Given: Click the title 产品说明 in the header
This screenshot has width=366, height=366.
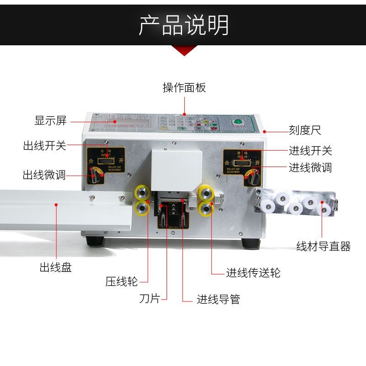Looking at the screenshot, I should point(183,25).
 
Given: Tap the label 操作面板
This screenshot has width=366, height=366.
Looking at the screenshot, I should point(184,87).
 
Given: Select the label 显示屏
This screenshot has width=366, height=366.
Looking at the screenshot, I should point(51,121).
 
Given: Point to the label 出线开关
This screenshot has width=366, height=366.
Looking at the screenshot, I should point(44,146).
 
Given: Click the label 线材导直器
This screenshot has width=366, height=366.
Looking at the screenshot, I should point(323,247).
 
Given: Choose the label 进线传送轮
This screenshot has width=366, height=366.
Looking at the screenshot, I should point(253,273).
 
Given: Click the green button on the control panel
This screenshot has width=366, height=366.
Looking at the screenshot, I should point(237,122).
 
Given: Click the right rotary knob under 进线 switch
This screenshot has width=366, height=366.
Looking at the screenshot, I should point(251,176).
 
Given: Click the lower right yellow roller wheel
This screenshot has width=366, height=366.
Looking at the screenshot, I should point(207,209).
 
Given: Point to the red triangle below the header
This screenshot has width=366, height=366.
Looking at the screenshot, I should point(183,51).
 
